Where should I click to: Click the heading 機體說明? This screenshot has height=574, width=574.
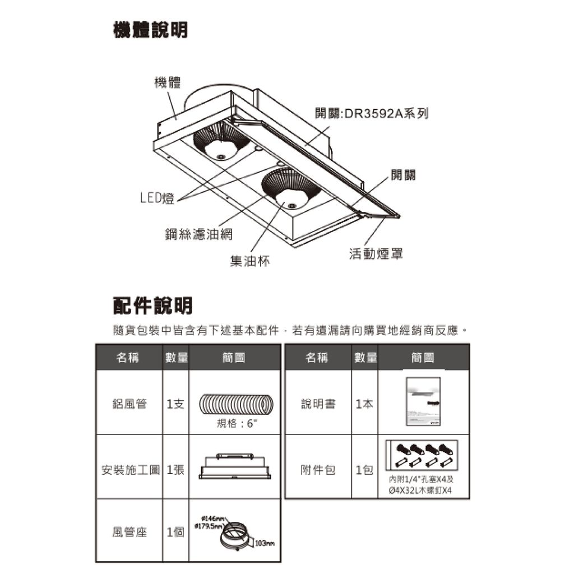150,30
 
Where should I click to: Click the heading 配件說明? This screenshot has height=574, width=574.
152,305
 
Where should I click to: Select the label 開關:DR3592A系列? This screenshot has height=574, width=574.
372,114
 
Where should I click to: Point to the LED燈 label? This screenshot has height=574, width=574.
157,197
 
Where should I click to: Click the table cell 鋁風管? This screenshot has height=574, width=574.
129,404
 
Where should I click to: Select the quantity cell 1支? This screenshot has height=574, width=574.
175,404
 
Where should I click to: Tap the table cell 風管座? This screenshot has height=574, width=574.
129,532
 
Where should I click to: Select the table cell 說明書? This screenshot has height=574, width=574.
318,404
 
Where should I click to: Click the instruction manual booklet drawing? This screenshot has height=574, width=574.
423,402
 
